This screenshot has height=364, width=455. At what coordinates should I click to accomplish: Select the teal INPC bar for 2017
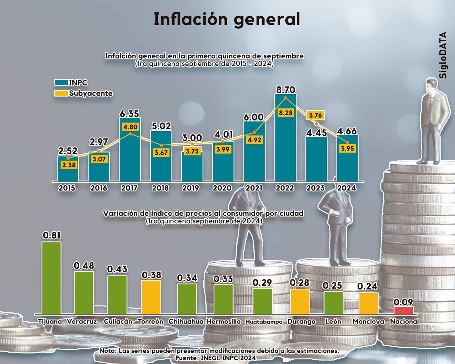(x=130, y=156)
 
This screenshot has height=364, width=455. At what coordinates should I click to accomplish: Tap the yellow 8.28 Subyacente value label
(x=285, y=113)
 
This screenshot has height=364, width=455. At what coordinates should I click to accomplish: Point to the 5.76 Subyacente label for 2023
(x=315, y=115)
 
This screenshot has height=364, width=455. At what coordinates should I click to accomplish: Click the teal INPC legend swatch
(x=61, y=83)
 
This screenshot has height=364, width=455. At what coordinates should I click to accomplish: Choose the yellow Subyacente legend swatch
(x=61, y=93)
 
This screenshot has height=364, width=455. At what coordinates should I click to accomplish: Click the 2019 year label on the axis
(x=191, y=188)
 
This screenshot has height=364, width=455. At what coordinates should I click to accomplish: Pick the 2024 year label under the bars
(x=347, y=188)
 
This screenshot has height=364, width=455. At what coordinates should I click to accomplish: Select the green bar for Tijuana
(x=52, y=277)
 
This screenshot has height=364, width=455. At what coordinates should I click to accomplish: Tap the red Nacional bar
(x=403, y=310)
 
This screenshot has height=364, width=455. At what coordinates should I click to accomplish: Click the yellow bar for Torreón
(x=151, y=297)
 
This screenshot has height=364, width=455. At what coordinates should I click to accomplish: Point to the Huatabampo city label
(x=264, y=322)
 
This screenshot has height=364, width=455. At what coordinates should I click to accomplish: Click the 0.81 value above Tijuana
(x=52, y=235)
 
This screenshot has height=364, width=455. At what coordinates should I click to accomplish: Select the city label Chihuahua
(x=186, y=321)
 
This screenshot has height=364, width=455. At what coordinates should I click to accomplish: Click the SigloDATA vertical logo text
(x=443, y=55)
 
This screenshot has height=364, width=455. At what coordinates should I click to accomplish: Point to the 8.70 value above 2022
(x=285, y=90)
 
